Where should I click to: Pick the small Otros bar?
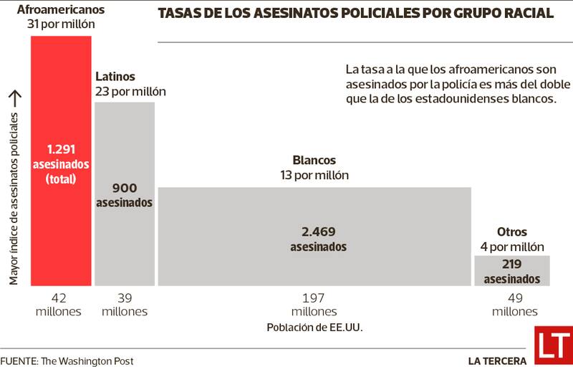tap(511, 270)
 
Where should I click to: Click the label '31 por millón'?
tap(61, 25)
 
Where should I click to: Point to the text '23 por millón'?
tap(130, 91)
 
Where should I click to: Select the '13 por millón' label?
tap(314, 175)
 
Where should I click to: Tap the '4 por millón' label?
tap(512, 247)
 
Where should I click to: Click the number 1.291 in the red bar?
tap(61, 150)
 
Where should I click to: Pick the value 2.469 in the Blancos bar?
tap(318, 232)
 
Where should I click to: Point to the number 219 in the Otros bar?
tap(512, 264)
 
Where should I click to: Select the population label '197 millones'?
tap(314, 305)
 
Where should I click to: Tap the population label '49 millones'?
tap(514, 305)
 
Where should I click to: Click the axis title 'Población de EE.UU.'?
tap(314, 328)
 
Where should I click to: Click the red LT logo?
tap(553, 343)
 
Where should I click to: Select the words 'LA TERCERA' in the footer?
tap(497, 361)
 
